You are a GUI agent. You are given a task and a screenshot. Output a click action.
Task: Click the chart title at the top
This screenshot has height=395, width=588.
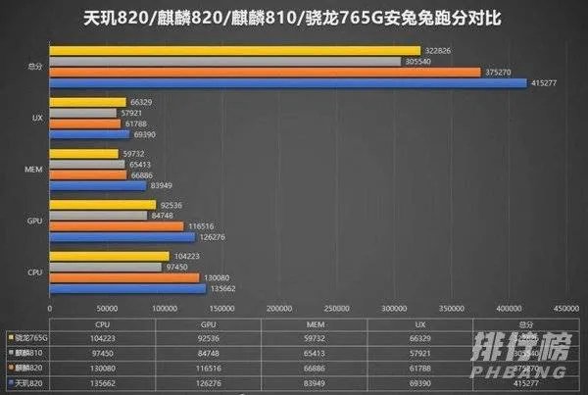pyautogui.click(x=293, y=18)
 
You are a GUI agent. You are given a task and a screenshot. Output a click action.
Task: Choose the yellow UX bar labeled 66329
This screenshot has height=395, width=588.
pyautogui.click(x=87, y=102)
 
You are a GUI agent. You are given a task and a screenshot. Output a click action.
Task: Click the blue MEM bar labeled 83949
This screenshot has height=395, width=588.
pyautogui.click(x=98, y=185)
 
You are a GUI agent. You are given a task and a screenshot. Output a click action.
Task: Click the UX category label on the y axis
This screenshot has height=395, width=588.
pyautogui.click(x=36, y=118)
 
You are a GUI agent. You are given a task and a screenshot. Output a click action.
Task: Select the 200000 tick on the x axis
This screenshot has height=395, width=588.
pyautogui.click(x=279, y=306)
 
